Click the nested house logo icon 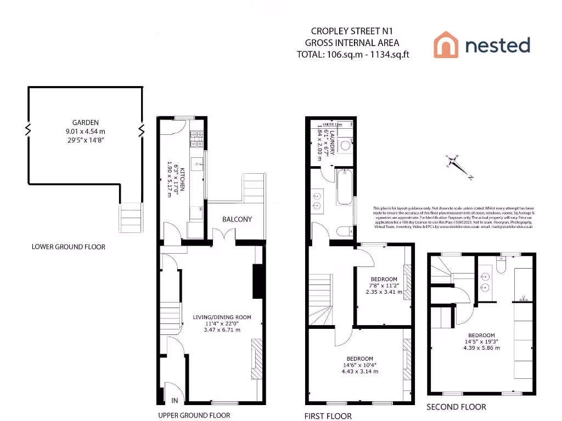(446, 44)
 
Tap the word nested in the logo (498, 45)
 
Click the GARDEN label (86, 123)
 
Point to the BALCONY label (237, 219)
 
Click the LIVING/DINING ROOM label (222, 317)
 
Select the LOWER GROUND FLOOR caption (69, 247)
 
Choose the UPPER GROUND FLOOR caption (194, 415)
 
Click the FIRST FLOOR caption (328, 416)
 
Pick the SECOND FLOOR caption (457, 407)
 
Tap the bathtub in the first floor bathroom (345, 187)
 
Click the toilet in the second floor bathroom (501, 265)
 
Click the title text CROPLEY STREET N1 (344, 31)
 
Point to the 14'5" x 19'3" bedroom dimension (482, 342)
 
